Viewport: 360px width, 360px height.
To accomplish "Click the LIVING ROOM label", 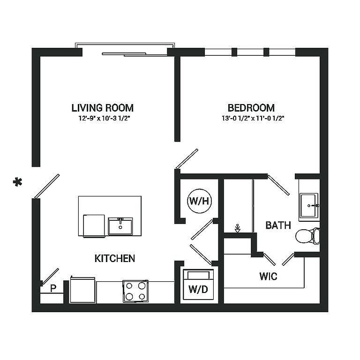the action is click(x=102, y=108).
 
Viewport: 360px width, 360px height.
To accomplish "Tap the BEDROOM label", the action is click(x=251, y=108).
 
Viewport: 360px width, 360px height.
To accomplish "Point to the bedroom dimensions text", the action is click(x=253, y=119).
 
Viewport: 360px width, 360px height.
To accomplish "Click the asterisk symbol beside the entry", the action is click(x=17, y=182).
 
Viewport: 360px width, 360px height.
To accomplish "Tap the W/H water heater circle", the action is click(x=199, y=201).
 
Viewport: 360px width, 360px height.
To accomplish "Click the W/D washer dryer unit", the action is click(x=199, y=285).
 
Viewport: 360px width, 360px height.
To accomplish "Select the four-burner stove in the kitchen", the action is click(x=135, y=291).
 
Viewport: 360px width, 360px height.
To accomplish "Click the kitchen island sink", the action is click(x=120, y=226).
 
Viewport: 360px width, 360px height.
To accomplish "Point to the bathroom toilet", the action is click(x=307, y=236).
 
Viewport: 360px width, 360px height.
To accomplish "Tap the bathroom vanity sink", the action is click(x=309, y=205).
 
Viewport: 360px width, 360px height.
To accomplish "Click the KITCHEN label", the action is click(x=114, y=259).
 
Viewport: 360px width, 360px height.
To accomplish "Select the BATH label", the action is click(x=278, y=225).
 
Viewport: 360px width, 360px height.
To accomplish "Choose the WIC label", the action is click(x=268, y=276).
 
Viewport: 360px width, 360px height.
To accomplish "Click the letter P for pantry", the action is click(x=53, y=288).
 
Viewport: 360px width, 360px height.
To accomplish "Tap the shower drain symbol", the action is click(x=238, y=228).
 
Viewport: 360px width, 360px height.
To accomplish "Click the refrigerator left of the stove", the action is click(x=82, y=290).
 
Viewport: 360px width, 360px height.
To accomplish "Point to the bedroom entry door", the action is click(x=187, y=158).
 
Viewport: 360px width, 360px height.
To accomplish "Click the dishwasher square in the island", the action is click(x=94, y=225).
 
